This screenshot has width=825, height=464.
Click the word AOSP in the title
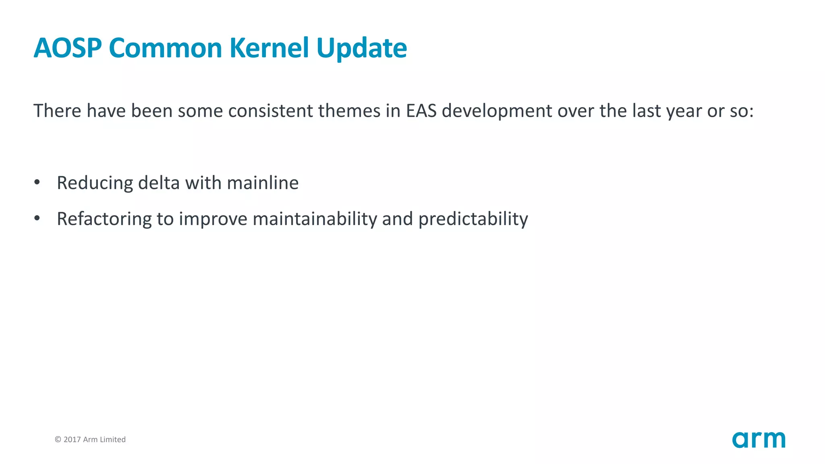point(67,48)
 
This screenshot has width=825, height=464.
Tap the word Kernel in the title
point(269,48)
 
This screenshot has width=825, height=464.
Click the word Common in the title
point(165,48)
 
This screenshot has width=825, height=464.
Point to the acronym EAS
point(421,111)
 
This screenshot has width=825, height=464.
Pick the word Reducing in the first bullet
point(95,183)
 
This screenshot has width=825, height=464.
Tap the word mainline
point(263,183)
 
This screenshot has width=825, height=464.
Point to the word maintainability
point(315,220)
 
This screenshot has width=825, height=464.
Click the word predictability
point(473,220)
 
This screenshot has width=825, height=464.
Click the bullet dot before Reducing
point(37,182)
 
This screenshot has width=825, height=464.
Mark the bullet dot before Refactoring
point(37,218)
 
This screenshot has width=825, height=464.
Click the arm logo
point(759,439)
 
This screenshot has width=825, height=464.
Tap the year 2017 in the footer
point(72,439)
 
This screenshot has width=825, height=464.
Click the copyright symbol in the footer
point(58,439)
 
